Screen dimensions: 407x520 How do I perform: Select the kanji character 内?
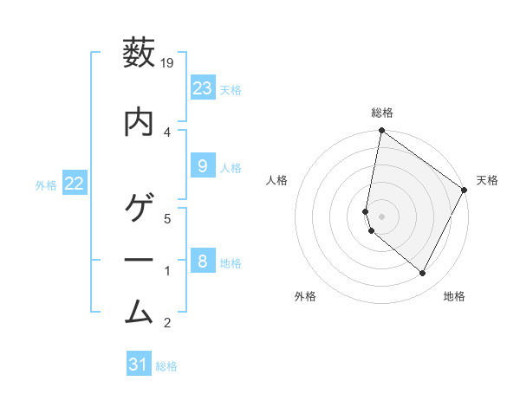point(140,122)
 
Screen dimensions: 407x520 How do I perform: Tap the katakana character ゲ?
point(140,210)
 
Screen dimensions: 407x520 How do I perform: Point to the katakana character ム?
point(140,309)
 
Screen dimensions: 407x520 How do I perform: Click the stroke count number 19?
point(168,62)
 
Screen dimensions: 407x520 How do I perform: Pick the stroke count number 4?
point(168,132)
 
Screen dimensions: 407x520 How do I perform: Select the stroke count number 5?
point(168,218)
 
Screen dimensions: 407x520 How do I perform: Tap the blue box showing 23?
point(202,88)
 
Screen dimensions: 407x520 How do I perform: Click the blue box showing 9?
point(202,166)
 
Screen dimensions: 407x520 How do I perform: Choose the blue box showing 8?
point(202,261)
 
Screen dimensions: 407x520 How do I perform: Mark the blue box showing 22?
point(75,184)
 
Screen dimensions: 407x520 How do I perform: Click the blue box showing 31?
point(139,365)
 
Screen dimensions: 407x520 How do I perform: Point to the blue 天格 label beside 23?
point(231,90)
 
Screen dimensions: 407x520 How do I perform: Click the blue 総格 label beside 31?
point(166,366)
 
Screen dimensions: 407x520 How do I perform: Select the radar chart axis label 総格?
point(382,113)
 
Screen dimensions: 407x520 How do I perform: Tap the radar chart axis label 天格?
point(487,180)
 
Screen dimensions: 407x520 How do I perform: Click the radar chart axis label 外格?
point(305,296)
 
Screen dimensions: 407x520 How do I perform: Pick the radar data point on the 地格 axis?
point(423,274)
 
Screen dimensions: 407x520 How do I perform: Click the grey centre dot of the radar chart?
point(382,216)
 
